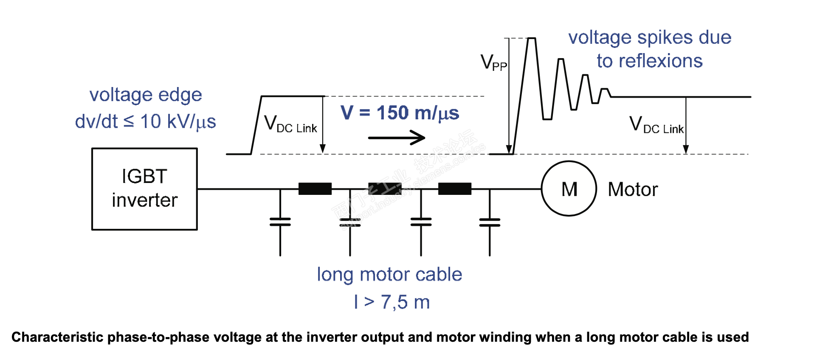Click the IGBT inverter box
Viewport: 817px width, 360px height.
click(144, 189)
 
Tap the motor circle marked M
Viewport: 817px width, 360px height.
click(569, 189)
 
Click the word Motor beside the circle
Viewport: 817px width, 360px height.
click(633, 189)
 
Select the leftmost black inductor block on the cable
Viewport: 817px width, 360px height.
click(315, 188)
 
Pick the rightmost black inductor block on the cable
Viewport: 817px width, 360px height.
click(454, 188)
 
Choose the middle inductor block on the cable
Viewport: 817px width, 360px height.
click(385, 188)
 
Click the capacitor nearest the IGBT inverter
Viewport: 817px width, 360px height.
click(280, 222)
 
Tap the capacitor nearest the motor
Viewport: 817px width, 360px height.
click(490, 222)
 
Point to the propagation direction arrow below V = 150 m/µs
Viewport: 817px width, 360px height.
click(396, 138)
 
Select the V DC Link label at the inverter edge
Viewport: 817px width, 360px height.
click(290, 124)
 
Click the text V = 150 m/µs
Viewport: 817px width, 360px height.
click(400, 113)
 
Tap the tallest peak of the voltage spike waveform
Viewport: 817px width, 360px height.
click(531, 39)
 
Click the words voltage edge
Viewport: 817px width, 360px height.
click(146, 95)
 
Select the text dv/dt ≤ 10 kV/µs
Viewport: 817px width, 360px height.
click(145, 121)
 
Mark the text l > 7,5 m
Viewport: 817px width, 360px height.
click(392, 302)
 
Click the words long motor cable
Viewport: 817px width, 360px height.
click(389, 275)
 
